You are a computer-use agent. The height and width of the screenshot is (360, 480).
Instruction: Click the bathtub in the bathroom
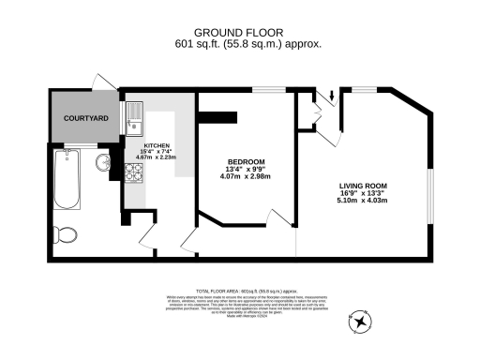click(x=67, y=179)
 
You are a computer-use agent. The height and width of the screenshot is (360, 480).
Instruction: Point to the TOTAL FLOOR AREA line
click(x=239, y=292)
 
